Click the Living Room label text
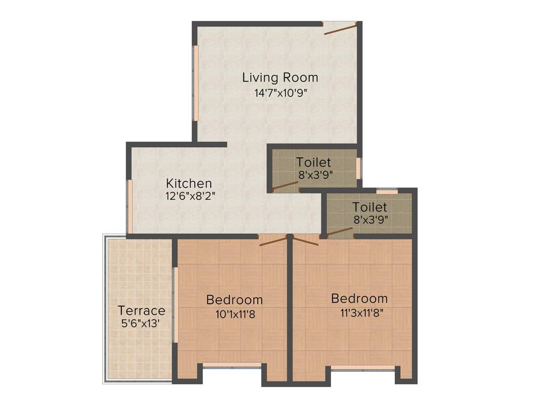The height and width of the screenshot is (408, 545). click(280, 78)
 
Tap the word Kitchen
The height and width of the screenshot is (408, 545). click(188, 183)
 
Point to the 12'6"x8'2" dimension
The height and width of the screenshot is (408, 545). click(190, 195)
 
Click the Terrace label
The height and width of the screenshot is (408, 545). click(141, 310)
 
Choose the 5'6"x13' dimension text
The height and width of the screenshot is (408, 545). click(141, 322)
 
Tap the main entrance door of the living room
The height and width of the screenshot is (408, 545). click(341, 29)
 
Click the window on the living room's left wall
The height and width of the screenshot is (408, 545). click(196, 83)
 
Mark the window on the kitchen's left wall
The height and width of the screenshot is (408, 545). click(130, 206)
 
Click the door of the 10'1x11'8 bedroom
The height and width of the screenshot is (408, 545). click(273, 241)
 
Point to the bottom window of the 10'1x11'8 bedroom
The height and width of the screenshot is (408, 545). click(232, 365)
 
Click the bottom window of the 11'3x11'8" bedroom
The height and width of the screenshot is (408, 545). click(363, 367)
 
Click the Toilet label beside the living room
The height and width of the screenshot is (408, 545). click(313, 162)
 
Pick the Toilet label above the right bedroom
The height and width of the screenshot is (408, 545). click(369, 207)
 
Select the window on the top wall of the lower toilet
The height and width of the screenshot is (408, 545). click(387, 191)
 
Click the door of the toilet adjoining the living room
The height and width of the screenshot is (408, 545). click(285, 185)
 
